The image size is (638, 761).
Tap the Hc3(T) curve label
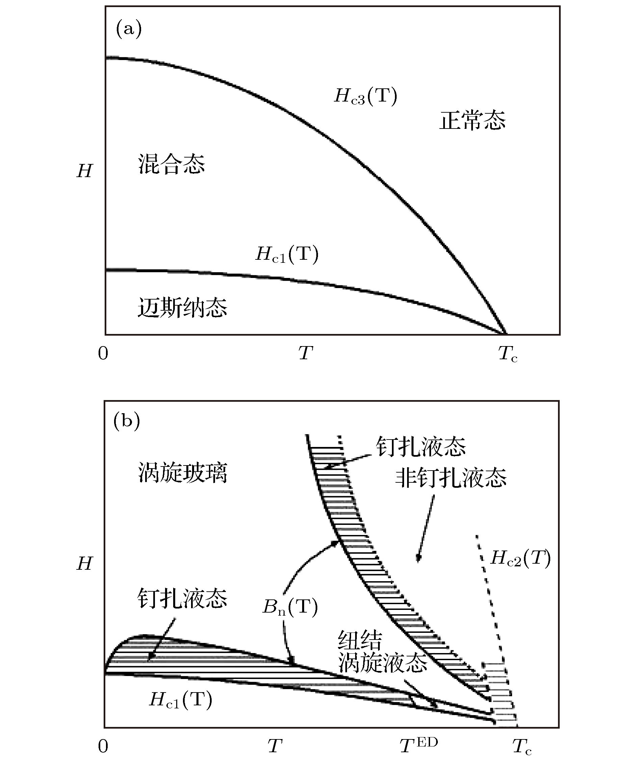click(x=366, y=96)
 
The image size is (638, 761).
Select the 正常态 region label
click(x=472, y=120)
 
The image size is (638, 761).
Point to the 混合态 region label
click(x=171, y=164)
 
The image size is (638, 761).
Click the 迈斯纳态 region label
click(x=182, y=308)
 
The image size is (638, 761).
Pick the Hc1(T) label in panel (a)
click(x=287, y=254)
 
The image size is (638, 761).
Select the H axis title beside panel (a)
click(x=84, y=171)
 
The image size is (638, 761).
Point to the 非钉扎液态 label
click(x=451, y=477)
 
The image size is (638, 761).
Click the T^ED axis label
click(x=419, y=744)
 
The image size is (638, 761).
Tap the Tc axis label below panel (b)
click(x=522, y=746)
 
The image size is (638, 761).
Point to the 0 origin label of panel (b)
click(x=103, y=746)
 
